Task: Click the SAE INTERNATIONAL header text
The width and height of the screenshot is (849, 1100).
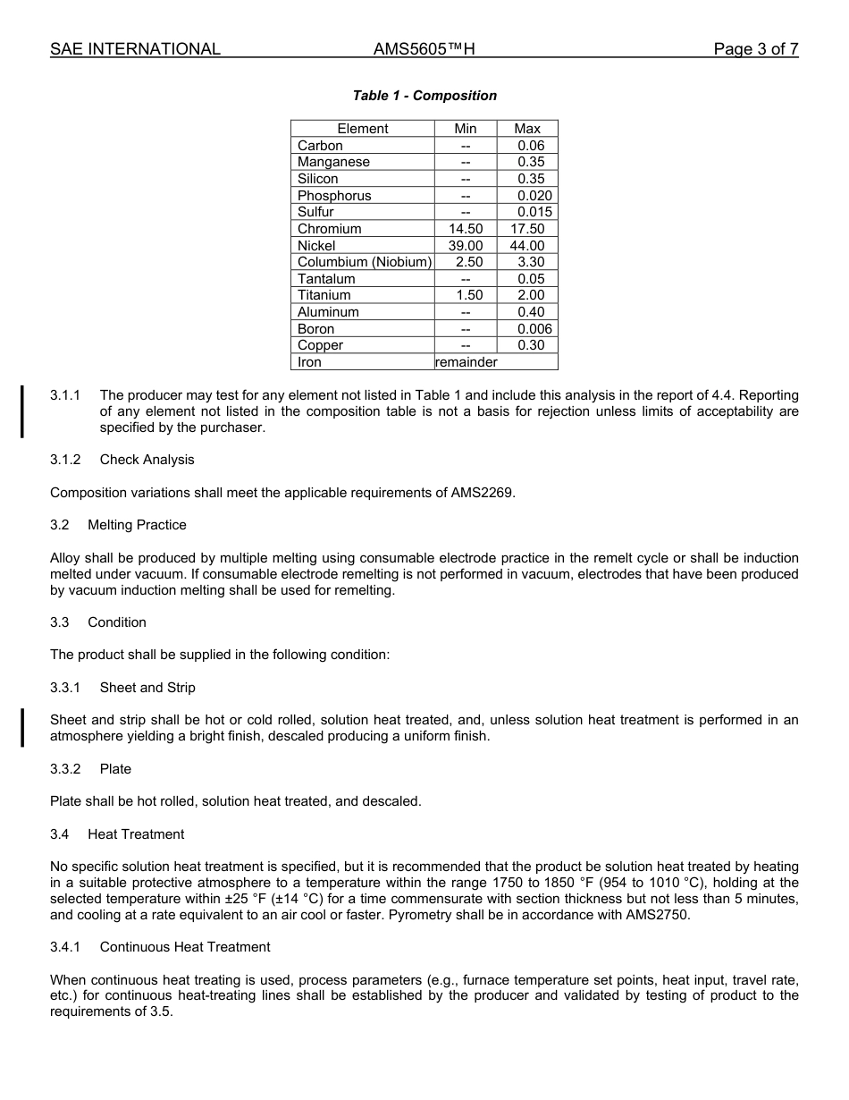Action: pyautogui.click(x=135, y=49)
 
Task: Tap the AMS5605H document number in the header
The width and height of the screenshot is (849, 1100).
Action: pyautogui.click(x=424, y=49)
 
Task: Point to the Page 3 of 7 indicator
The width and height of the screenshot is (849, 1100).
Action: pyautogui.click(x=755, y=49)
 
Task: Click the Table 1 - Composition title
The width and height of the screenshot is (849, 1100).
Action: pyautogui.click(x=424, y=96)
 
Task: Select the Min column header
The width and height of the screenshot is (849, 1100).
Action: pyautogui.click(x=465, y=129)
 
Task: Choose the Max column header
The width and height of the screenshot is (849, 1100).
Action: pyautogui.click(x=527, y=129)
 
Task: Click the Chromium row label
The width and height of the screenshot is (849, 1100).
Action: pyautogui.click(x=330, y=229)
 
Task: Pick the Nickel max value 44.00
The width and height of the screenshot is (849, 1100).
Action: pyautogui.click(x=527, y=246)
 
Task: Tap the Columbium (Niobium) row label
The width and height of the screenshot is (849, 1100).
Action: pyautogui.click(x=364, y=262)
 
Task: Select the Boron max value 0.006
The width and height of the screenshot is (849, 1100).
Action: pyautogui.click(x=534, y=329)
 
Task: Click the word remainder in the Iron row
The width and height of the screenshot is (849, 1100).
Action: pyautogui.click(x=466, y=362)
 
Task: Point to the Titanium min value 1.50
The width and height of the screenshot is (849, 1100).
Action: pyautogui.click(x=466, y=295)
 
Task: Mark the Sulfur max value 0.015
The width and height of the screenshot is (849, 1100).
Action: pyautogui.click(x=534, y=212)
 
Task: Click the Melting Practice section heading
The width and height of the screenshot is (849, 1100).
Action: pyautogui.click(x=137, y=525)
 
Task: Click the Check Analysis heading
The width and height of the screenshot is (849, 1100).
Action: pyautogui.click(x=147, y=460)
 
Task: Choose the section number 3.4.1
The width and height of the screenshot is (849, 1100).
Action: pyautogui.click(x=65, y=947)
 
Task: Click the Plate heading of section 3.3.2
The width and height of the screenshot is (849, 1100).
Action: pyautogui.click(x=115, y=769)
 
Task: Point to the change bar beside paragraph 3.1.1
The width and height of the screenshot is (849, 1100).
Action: pyautogui.click(x=22, y=411)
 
